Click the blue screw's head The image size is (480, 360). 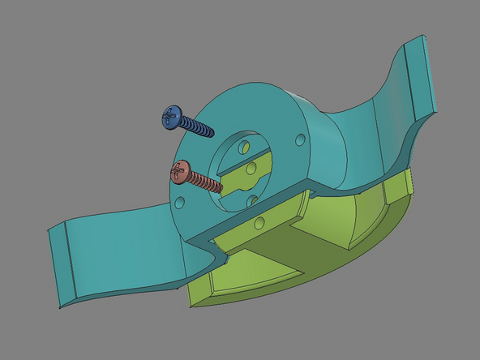point(170,118)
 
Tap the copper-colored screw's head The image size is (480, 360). point(180,172)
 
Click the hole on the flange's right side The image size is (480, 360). point(301,139)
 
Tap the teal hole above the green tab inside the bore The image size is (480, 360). point(244,147)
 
